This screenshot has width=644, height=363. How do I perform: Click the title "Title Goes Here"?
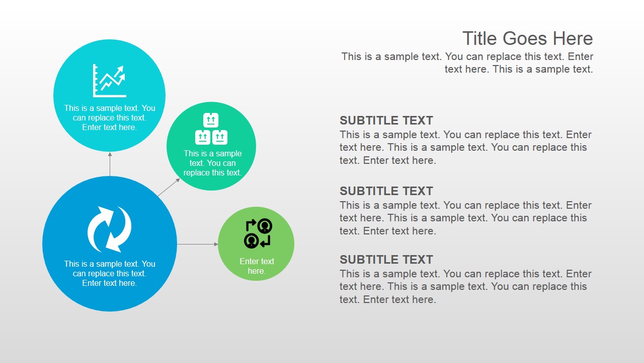pos(528,38)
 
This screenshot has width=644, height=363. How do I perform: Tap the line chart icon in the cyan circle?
pos(109,81)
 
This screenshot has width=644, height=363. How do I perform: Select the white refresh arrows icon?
pos(110,229)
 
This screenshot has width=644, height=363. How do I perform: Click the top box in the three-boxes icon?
pos(211,120)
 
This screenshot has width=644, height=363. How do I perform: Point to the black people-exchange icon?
pos(258,233)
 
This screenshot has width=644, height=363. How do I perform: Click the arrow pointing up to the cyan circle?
pos(110,164)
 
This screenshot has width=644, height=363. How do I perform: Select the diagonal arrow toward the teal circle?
pos(169,187)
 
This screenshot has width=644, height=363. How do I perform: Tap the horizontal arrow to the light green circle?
pos(198,245)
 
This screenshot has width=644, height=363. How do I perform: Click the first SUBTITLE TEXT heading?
pos(386,120)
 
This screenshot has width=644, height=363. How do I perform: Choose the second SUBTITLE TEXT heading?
pos(386,191)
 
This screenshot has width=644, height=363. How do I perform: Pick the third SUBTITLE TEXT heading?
pos(386,260)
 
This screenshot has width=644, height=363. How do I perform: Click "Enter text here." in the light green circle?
pos(257,266)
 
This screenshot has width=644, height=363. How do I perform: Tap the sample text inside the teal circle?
pos(212,163)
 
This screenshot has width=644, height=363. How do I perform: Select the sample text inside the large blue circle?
pos(110,273)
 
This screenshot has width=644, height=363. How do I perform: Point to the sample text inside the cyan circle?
pos(110,117)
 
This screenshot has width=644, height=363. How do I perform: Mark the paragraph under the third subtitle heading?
pos(465,286)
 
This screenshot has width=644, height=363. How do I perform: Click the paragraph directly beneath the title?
pos(467,63)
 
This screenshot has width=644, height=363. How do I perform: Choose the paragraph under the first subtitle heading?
pos(465,147)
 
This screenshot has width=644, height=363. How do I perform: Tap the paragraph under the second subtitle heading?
pos(465,218)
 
